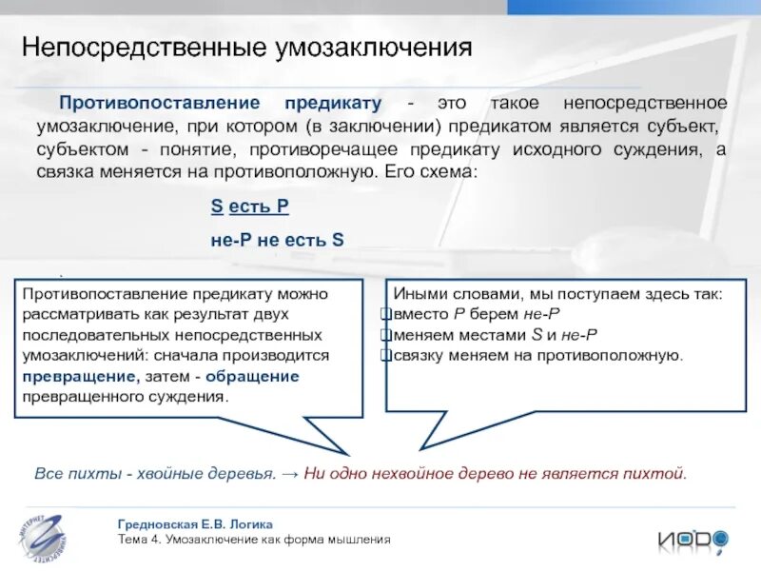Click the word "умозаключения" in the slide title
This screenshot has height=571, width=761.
pos(386,49)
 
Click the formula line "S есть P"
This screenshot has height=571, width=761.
pos(249,207)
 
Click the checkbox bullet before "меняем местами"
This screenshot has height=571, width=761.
pos(385,335)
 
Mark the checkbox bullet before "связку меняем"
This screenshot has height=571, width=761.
pos(385,355)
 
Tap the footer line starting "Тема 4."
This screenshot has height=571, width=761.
pos(254,540)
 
